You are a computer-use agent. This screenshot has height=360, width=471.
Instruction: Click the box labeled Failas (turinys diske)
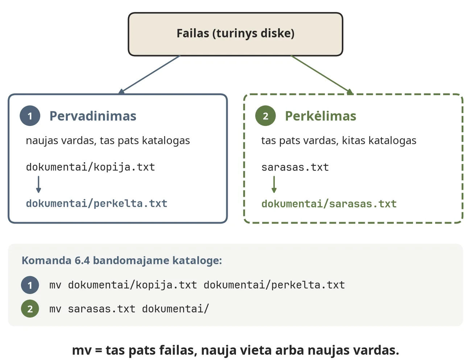(235, 34)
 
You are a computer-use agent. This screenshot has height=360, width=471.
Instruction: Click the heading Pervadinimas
(93, 116)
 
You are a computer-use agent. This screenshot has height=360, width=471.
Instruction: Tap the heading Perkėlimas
(321, 116)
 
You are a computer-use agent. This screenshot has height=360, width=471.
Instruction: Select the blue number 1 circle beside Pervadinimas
(30, 116)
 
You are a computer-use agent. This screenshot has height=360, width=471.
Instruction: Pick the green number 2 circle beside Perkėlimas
(265, 116)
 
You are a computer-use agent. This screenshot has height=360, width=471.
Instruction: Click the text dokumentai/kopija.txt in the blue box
(90, 167)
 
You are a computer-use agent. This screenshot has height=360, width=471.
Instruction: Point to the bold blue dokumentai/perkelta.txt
(96, 204)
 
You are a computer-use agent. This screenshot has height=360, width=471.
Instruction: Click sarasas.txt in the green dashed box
(295, 167)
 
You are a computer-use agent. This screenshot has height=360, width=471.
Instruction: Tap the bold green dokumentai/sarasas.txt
(329, 204)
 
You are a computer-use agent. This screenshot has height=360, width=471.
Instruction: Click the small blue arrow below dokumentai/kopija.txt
(38, 184)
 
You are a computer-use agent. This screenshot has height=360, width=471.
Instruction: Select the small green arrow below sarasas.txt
(274, 184)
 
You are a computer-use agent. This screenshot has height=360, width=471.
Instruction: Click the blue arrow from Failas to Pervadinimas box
(149, 75)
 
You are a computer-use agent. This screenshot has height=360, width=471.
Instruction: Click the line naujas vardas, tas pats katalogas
(108, 141)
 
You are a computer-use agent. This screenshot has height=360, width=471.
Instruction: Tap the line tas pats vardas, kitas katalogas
(339, 141)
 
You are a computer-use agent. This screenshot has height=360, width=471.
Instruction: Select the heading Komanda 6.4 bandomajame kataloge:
(122, 261)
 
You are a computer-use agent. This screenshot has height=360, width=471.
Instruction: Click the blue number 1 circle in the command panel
(30, 285)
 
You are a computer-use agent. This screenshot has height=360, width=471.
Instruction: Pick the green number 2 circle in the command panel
(30, 309)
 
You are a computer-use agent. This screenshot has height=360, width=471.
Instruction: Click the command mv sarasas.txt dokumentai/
(129, 309)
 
